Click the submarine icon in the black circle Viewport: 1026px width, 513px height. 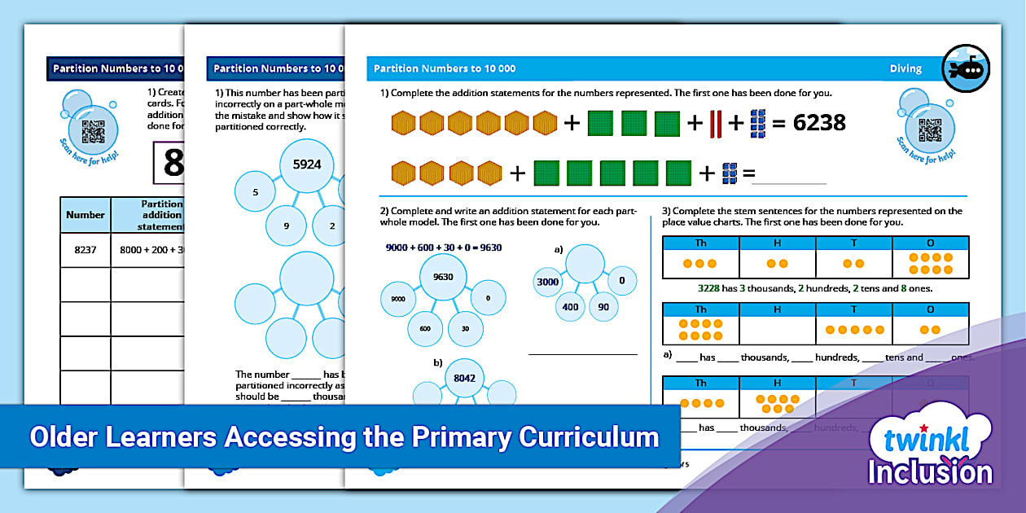(x=966, y=68)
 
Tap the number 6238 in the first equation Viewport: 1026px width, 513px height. (x=819, y=123)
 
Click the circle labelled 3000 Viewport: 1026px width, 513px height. (x=547, y=283)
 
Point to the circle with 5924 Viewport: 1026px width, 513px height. (x=306, y=164)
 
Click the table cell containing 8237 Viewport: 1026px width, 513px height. (x=85, y=250)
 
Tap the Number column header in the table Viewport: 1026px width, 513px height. (x=85, y=215)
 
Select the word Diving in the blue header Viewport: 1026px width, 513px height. (x=905, y=69)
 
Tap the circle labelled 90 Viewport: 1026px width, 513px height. (x=603, y=306)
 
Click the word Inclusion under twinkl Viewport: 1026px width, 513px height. (x=930, y=473)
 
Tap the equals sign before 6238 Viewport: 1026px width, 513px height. (x=778, y=123)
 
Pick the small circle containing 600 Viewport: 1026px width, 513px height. (x=424, y=328)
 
